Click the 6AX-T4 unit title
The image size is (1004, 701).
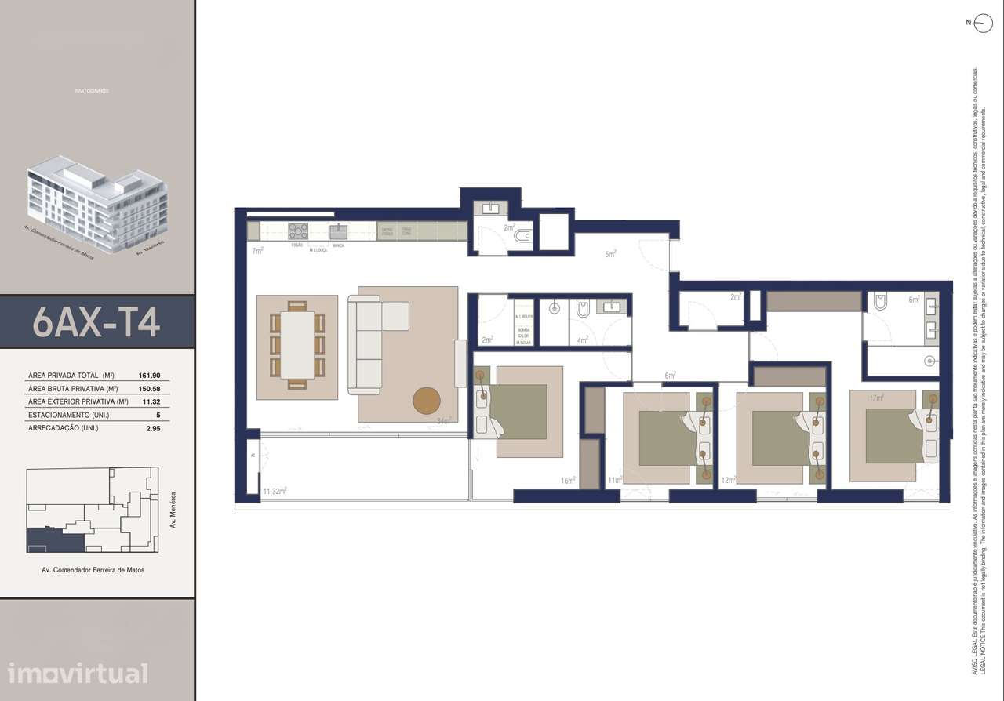point(96,321)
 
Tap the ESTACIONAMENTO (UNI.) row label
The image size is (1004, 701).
point(63,415)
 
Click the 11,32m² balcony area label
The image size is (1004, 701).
point(275,491)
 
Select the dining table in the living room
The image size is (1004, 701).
point(297,345)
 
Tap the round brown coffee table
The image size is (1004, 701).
point(427,400)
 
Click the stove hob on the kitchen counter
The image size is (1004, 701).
point(298,231)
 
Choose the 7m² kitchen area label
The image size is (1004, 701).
point(256,251)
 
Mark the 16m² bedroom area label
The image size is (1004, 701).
point(568,480)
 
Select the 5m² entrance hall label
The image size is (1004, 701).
point(610,253)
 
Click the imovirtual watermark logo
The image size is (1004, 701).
point(77,673)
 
